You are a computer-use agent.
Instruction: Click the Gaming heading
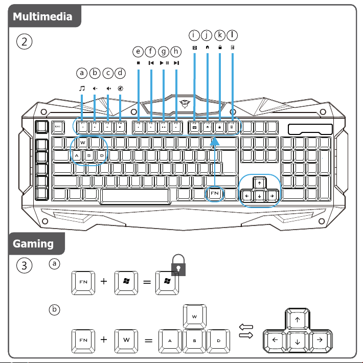coord(33,243)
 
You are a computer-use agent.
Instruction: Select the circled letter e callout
coord(138,51)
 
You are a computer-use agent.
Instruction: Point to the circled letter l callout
coord(233,35)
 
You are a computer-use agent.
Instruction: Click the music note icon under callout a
coord(82,88)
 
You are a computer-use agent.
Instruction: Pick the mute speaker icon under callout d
coord(120,88)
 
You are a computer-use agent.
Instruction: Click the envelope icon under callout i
coord(194,48)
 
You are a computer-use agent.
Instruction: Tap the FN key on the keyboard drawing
coord(215,194)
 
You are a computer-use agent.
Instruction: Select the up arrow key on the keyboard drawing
coord(260,183)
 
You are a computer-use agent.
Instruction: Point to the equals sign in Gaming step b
coord(147,339)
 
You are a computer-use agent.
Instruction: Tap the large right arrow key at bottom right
coord(318,339)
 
